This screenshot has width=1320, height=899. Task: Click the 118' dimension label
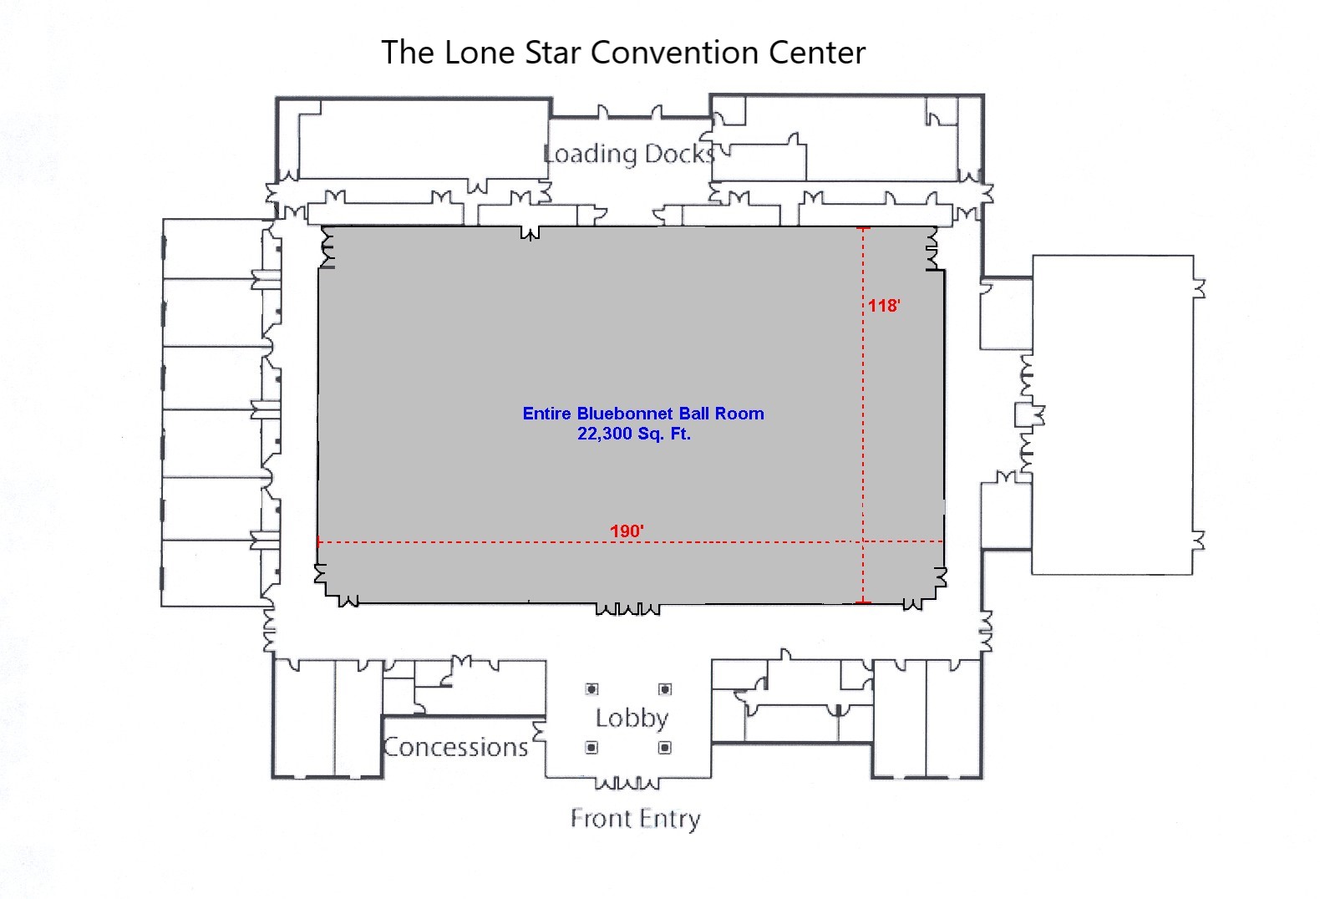(x=884, y=305)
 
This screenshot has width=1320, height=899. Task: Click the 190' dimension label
(x=627, y=531)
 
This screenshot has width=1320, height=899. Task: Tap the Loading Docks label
(x=629, y=154)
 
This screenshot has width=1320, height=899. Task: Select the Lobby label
(x=632, y=719)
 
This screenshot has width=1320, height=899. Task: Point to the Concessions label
(x=455, y=747)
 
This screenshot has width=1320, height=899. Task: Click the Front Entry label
(x=635, y=819)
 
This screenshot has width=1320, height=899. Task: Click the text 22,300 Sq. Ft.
(x=634, y=434)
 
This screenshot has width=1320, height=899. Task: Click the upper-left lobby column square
(x=592, y=688)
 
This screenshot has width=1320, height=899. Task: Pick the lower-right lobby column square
(x=665, y=748)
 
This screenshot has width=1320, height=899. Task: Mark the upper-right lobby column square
(x=665, y=688)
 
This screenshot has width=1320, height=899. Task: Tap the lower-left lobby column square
(x=592, y=748)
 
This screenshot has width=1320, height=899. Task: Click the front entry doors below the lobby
(x=627, y=783)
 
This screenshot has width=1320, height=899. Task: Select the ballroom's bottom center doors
(x=627, y=608)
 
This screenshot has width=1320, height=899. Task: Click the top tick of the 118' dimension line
(x=863, y=227)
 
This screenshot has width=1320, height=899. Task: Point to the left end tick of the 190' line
(x=319, y=541)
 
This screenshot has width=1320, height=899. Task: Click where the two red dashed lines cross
(x=863, y=541)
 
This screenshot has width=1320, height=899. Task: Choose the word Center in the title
(x=817, y=53)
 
